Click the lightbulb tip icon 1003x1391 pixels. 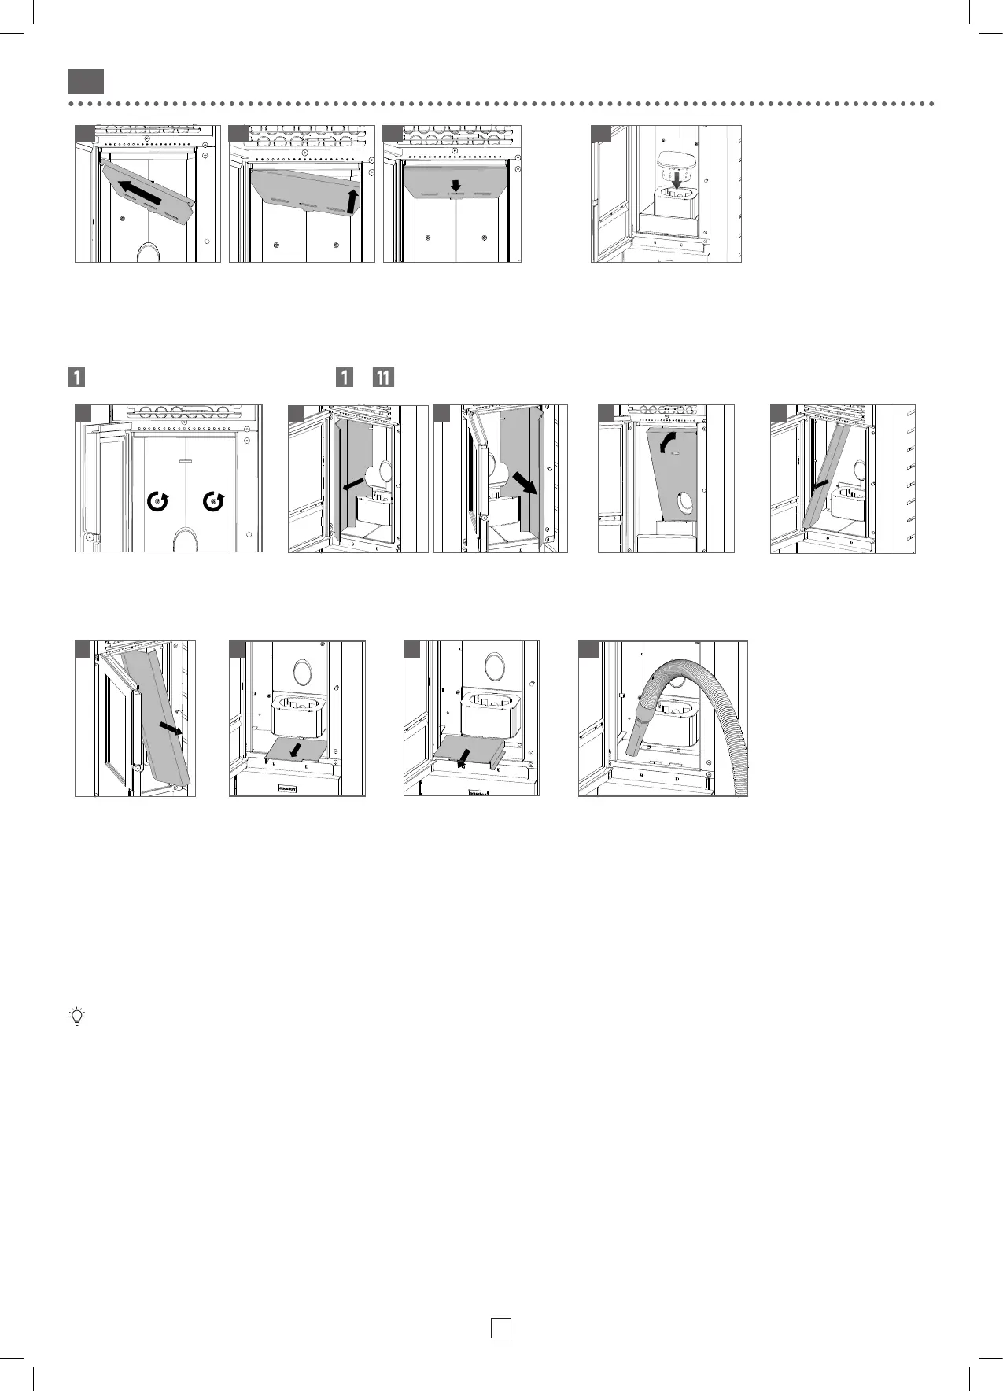[x=76, y=1016]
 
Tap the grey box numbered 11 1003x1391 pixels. [x=383, y=377]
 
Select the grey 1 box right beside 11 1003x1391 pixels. [x=344, y=377]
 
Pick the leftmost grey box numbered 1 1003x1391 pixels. [x=76, y=377]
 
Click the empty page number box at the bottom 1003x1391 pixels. [x=500, y=1327]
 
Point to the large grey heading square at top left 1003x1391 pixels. [x=86, y=82]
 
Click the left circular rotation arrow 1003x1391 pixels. [x=158, y=500]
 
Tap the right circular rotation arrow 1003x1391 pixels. [x=213, y=500]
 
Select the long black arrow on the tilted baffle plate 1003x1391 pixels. [x=142, y=192]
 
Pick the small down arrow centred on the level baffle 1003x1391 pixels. [x=455, y=186]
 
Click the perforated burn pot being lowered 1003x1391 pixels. [x=674, y=160]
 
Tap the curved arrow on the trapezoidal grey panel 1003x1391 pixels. [x=668, y=445]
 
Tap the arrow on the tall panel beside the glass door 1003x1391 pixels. [x=170, y=729]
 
